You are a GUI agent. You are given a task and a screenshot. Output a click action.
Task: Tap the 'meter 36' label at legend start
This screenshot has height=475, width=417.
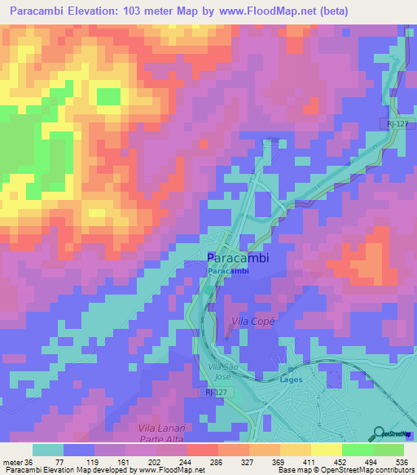click(17, 460)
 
